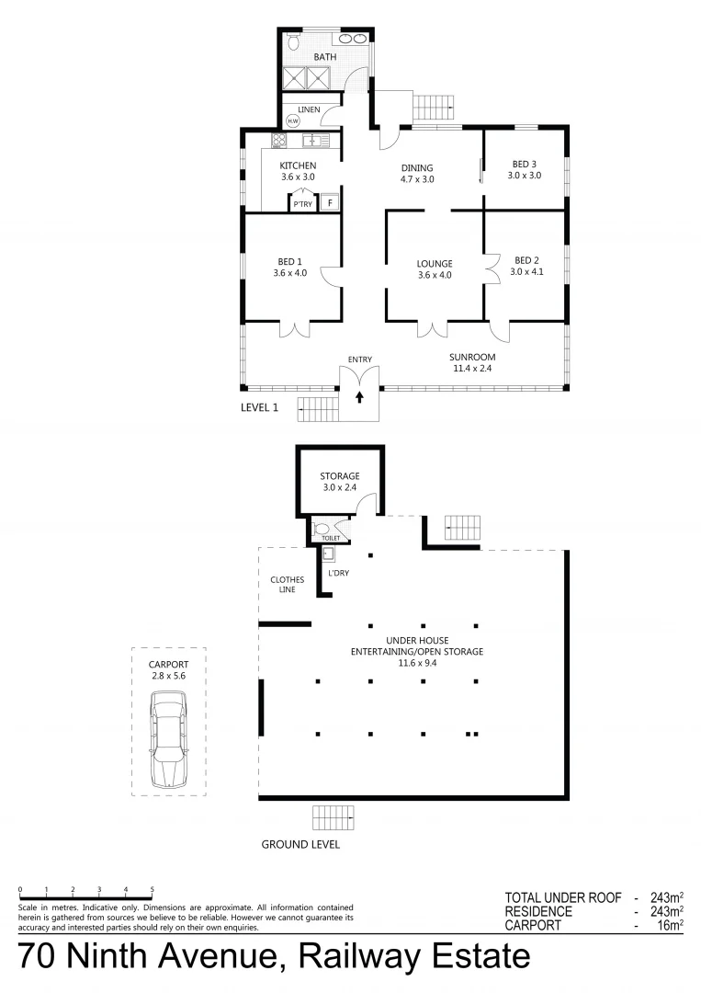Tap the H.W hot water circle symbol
[293, 121]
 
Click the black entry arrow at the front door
[359, 397]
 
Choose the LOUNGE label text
[435, 264]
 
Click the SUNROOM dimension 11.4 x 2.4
[473, 369]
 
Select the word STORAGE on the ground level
[339, 476]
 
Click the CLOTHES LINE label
[287, 585]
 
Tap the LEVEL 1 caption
[259, 407]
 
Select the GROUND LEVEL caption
[300, 844]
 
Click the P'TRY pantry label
[302, 204]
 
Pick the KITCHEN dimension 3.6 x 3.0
[298, 177]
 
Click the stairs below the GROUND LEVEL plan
[333, 816]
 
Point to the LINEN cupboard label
[308, 109]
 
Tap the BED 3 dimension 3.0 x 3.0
[525, 175]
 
